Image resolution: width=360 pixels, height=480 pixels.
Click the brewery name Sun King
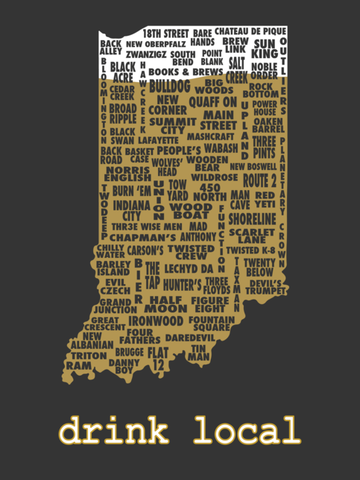pos(265,48)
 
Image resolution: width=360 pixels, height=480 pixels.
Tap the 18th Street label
pos(166,34)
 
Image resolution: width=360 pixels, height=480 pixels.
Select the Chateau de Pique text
pos(250,31)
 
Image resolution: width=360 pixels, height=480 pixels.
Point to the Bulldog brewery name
pos(170,86)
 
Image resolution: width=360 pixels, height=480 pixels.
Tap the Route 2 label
pos(259,181)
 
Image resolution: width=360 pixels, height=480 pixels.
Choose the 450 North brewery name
pos(210,192)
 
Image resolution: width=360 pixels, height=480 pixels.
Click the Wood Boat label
pos(190,210)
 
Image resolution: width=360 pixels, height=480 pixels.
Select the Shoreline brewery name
pos(253,218)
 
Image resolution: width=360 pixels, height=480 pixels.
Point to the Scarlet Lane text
pos(252,236)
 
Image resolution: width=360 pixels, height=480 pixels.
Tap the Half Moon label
pos(165,304)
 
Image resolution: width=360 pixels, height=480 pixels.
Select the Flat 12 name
pos(157,358)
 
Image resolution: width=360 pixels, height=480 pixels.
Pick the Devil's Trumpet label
pos(266,287)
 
